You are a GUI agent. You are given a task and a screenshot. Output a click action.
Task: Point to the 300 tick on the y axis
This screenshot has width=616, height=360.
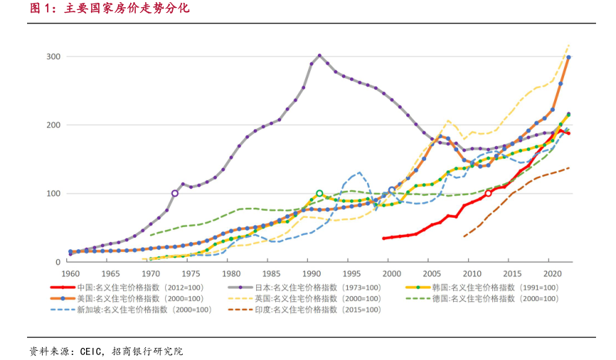[53, 57]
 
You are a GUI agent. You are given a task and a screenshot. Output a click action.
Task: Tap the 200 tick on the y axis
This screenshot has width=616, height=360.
[53, 125]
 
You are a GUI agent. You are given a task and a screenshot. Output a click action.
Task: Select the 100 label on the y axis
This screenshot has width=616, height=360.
[53, 194]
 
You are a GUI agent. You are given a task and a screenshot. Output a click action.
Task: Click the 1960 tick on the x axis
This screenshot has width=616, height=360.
[70, 274]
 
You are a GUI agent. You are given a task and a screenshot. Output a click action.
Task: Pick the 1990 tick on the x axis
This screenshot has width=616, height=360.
[310, 274]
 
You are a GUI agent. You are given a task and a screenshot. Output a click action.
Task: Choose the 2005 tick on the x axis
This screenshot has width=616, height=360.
[430, 274]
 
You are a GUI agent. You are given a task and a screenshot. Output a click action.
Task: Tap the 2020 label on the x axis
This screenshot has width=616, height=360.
[551, 274]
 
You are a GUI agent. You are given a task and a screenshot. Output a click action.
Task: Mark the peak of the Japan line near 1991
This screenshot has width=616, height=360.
[319, 55]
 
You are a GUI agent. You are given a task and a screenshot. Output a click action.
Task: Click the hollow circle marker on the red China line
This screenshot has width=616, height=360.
[488, 193]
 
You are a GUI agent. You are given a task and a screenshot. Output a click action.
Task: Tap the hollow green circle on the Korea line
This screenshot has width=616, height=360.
[319, 193]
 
